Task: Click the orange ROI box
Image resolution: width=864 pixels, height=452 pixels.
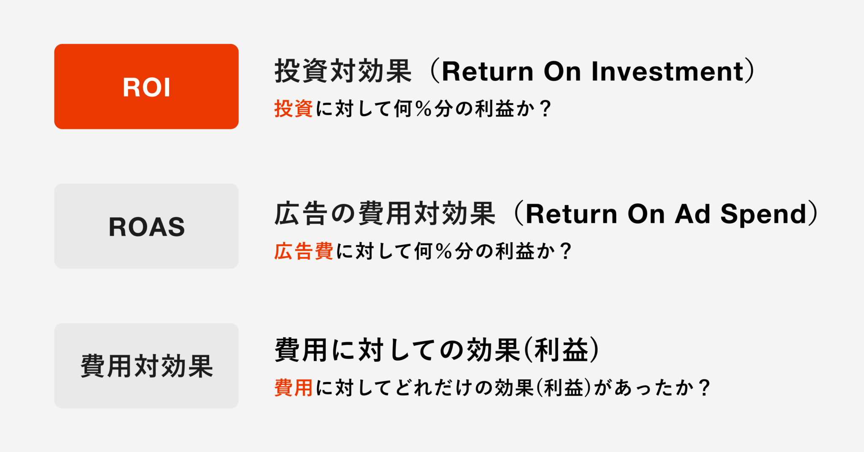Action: (146, 86)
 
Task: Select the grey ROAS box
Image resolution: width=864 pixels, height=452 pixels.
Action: (146, 226)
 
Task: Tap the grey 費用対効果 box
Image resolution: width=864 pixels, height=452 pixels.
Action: (146, 366)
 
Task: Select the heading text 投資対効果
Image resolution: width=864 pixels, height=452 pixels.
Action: (343, 71)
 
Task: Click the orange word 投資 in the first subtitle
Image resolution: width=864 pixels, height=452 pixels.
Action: (294, 109)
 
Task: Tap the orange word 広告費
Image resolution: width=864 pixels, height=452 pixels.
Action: (304, 251)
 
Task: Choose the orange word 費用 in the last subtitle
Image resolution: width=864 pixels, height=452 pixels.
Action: (294, 387)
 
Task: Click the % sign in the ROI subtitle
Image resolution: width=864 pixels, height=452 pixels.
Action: (423, 109)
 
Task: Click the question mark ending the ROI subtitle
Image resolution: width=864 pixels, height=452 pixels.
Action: (545, 109)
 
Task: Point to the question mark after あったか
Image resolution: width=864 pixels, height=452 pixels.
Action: (704, 387)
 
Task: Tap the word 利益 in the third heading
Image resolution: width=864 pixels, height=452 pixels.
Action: (561, 350)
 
